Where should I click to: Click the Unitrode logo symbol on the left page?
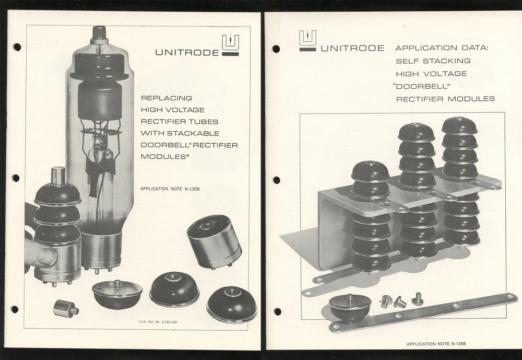click(x=230, y=45)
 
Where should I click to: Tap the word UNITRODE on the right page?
click(x=352, y=49)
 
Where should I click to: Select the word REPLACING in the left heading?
click(x=163, y=98)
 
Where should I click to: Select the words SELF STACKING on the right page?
click(x=433, y=61)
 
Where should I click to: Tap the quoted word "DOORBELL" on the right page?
click(x=422, y=86)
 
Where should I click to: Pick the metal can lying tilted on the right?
click(x=214, y=241)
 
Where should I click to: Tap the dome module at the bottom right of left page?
click(x=231, y=304)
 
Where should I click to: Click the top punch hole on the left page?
click(x=17, y=47)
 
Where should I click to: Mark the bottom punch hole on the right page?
click(x=277, y=311)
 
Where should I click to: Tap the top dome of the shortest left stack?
click(x=370, y=171)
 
